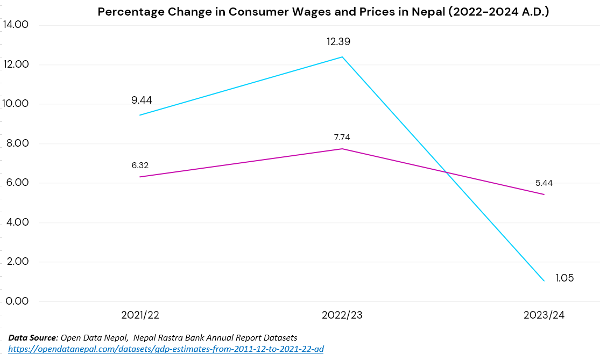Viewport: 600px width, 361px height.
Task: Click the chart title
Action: pos(323,12)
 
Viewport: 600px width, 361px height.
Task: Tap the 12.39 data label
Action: pos(342,41)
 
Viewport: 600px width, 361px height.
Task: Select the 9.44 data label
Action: pos(142,100)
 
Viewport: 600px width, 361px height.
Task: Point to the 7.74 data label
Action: pos(342,138)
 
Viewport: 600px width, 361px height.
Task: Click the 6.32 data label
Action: pos(140,165)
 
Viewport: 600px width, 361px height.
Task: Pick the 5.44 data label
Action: pos(543,183)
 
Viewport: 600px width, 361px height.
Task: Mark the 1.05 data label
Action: pos(564,278)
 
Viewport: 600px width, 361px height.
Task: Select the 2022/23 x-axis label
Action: pos(342,315)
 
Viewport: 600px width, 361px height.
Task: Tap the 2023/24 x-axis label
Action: pos(544,315)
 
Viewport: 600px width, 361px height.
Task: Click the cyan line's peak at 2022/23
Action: pos(342,57)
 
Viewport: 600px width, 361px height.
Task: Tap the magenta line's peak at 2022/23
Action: pos(342,149)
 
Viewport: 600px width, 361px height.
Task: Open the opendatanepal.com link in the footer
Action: pos(166,349)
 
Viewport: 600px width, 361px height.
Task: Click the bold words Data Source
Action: pos(32,337)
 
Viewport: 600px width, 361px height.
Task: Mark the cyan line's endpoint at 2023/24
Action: pos(544,280)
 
